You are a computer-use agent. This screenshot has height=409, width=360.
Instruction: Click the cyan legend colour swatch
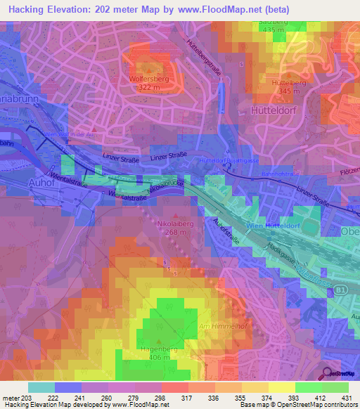pyautogui.click(x=41, y=387)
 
